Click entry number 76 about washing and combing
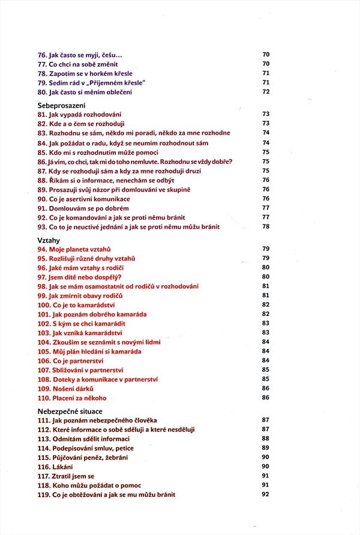point(75,55)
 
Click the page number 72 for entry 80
point(266,92)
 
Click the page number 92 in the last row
point(266,495)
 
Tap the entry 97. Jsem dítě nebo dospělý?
point(80,277)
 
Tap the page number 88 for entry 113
point(266,438)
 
